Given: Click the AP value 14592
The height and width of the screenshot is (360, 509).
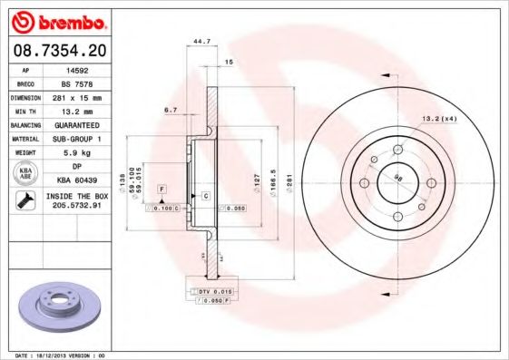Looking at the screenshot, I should coord(75,69).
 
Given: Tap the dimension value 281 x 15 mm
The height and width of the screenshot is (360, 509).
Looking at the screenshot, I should coord(75,96).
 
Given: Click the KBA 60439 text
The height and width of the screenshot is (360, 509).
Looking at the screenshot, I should coord(75,180).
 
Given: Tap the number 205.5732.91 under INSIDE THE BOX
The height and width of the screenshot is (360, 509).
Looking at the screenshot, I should coord(75,205).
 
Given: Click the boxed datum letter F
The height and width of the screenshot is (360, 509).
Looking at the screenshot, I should coord(161,189).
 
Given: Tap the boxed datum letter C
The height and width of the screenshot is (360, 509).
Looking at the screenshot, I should coord(206,196).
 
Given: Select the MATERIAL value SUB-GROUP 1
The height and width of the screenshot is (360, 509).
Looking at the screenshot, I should coord(75,138).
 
